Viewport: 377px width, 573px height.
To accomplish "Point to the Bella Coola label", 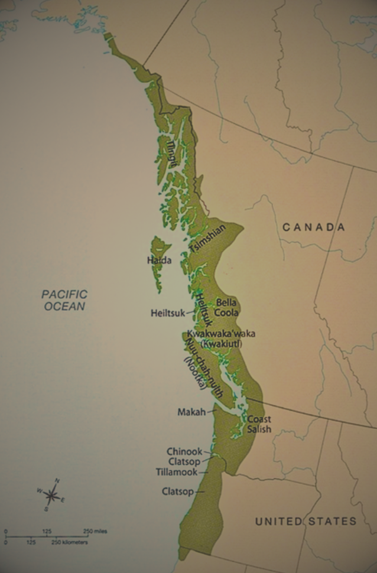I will pos(227,307).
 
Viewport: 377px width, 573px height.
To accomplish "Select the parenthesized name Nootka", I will pos(194,373).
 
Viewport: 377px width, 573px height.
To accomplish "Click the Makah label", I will pos(191,412).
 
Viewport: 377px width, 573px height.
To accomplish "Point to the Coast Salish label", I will pos(259,424).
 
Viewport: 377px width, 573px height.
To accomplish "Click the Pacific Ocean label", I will pos(64,300).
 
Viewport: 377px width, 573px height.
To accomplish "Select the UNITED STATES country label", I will pos(305,521).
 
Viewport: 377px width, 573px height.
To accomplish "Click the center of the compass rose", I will pos(51,495).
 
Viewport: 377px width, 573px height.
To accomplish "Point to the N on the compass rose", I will pos(57,481).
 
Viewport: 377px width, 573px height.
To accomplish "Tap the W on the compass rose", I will pos(39,491).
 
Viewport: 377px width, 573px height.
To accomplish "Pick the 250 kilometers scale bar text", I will pos(70,542).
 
